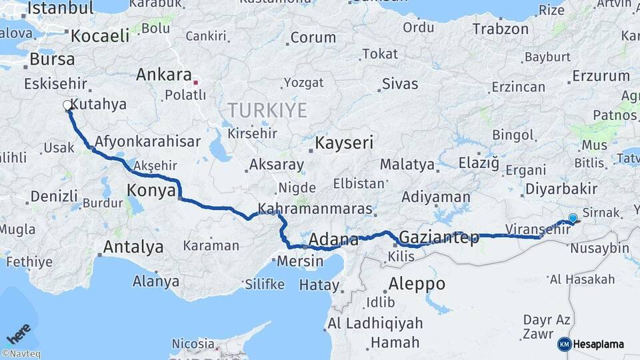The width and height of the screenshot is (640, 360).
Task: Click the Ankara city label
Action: click(163, 75)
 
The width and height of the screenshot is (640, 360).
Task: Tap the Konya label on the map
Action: click(151, 192)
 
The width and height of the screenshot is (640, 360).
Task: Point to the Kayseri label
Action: click(344, 143)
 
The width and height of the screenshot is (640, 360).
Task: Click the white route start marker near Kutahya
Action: click(68, 105)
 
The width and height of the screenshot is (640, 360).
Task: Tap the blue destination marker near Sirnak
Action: click(573, 218)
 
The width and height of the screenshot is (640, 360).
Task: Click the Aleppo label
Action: click(416, 283)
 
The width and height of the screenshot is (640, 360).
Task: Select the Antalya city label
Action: click(133, 247)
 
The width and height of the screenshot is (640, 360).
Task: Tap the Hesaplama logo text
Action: click(598, 344)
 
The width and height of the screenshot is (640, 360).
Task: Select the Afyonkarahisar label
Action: click(147, 141)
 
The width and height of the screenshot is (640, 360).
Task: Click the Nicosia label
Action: click(193, 344)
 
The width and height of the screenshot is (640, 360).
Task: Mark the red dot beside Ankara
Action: click(195, 83)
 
